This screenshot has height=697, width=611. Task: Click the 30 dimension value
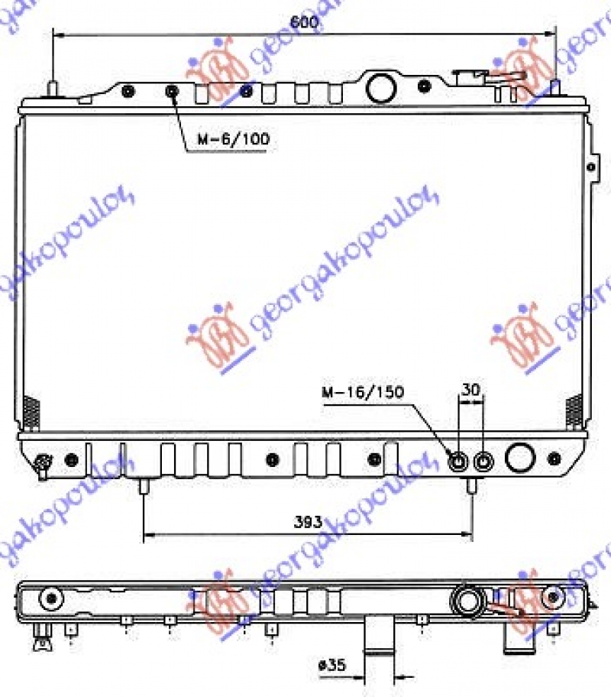point(470,389)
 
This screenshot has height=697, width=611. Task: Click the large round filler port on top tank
point(380,86)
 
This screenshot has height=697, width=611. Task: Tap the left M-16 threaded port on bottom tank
point(458,462)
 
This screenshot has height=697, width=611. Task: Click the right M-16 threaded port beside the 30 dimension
point(483,462)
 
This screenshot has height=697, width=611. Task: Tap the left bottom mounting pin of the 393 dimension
point(143,486)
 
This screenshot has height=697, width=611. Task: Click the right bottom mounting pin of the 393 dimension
point(471,486)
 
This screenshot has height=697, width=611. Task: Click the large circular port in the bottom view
point(466,598)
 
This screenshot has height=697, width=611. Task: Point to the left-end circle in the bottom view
point(52,597)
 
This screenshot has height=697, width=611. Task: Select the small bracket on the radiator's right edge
point(591,165)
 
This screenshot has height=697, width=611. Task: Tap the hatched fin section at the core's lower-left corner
point(31,413)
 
